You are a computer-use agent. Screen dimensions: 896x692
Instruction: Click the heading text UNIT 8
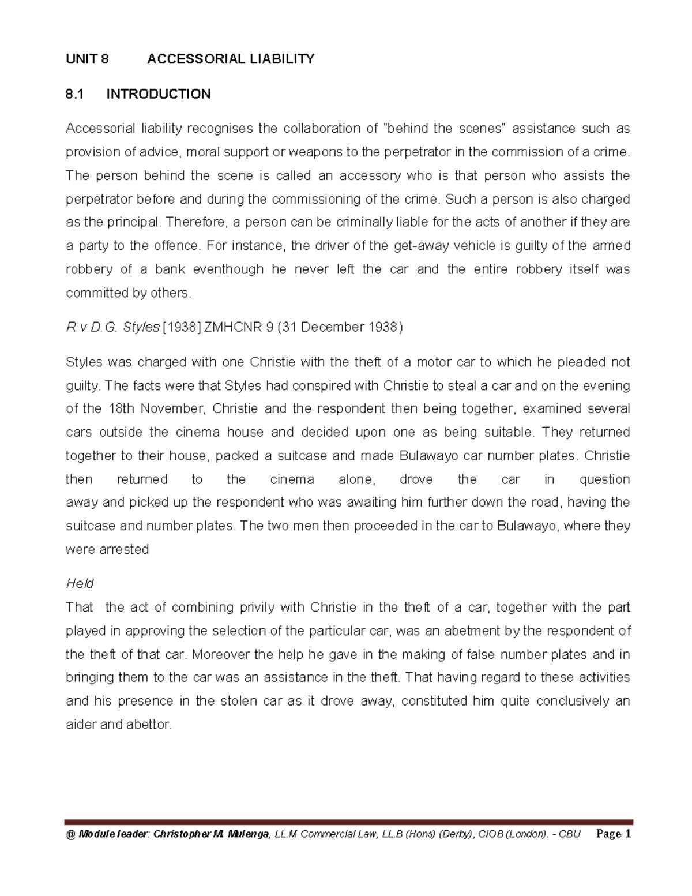pos(87,59)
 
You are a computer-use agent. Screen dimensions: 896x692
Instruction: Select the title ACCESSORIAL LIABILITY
pos(231,59)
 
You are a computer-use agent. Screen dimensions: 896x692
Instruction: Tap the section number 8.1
pos(75,94)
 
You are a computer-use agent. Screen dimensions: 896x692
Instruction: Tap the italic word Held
pos(80,584)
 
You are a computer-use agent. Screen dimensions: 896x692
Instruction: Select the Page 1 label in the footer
pos(615,834)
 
